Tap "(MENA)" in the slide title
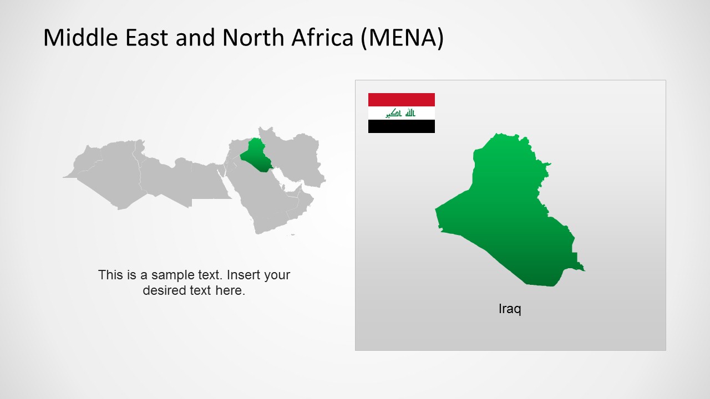point(402,38)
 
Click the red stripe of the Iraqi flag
point(401,100)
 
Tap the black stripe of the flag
point(401,126)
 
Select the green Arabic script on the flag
point(401,113)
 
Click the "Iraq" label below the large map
point(510,309)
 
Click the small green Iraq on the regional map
point(255,156)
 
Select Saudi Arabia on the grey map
point(261,194)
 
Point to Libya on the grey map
point(166,177)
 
